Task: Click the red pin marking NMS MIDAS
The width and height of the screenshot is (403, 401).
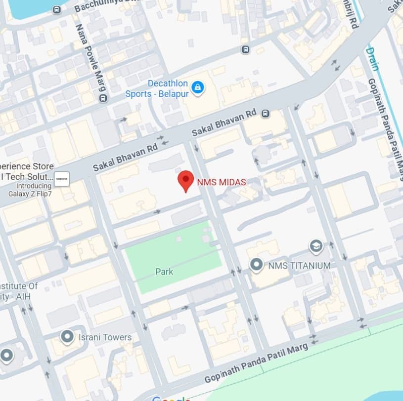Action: point(185,180)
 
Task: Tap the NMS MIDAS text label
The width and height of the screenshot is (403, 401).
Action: point(222,182)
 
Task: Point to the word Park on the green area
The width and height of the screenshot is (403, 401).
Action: point(164,271)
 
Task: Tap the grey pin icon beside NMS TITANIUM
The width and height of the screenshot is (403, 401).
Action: point(256,265)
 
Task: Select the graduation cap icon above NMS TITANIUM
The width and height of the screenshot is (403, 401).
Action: point(316,246)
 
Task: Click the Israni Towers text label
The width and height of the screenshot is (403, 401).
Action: point(105,337)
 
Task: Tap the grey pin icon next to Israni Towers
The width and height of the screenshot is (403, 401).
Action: point(67,337)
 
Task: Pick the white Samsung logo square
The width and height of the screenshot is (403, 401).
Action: point(62,179)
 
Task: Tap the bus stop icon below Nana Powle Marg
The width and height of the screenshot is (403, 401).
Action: point(103,98)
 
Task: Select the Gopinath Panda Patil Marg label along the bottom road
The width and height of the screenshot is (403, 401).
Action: point(256,363)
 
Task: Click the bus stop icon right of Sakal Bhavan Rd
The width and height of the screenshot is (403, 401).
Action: point(266,114)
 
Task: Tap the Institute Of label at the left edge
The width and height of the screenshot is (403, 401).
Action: point(19,286)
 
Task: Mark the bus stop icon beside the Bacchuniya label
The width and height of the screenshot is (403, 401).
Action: point(57,9)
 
